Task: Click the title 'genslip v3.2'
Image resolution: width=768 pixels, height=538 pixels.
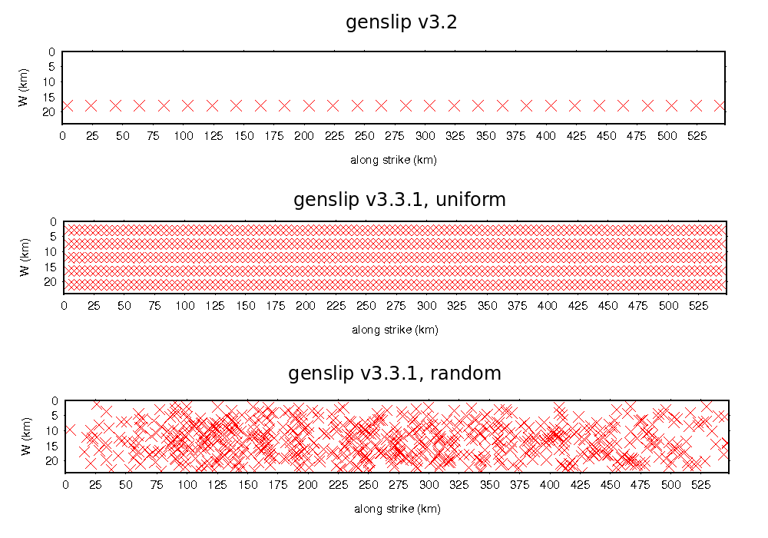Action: [401, 22]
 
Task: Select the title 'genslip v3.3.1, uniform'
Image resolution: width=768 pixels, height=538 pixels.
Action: [399, 201]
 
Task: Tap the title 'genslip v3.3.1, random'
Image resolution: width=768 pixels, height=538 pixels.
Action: [395, 374]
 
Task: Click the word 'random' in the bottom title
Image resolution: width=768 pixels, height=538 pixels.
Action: [465, 374]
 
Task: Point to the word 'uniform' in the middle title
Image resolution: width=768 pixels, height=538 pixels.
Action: [472, 201]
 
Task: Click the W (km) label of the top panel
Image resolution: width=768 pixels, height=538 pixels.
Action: [24, 88]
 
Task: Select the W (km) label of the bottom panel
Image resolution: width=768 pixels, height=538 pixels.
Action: [25, 436]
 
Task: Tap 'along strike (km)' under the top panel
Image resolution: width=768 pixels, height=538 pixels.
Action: [393, 160]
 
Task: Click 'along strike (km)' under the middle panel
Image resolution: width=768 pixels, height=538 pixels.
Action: [395, 330]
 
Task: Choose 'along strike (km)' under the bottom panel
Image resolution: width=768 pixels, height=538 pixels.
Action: [397, 508]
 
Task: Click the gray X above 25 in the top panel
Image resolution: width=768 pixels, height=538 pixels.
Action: [91, 105]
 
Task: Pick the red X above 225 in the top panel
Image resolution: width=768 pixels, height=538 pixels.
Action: [333, 105]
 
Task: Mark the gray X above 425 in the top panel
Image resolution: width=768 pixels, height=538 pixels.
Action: [574, 105]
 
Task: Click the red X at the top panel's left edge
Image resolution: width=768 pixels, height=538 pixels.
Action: [67, 105]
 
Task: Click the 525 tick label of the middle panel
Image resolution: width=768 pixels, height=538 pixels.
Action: [699, 305]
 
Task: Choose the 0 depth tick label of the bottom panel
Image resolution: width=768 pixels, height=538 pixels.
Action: [55, 400]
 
